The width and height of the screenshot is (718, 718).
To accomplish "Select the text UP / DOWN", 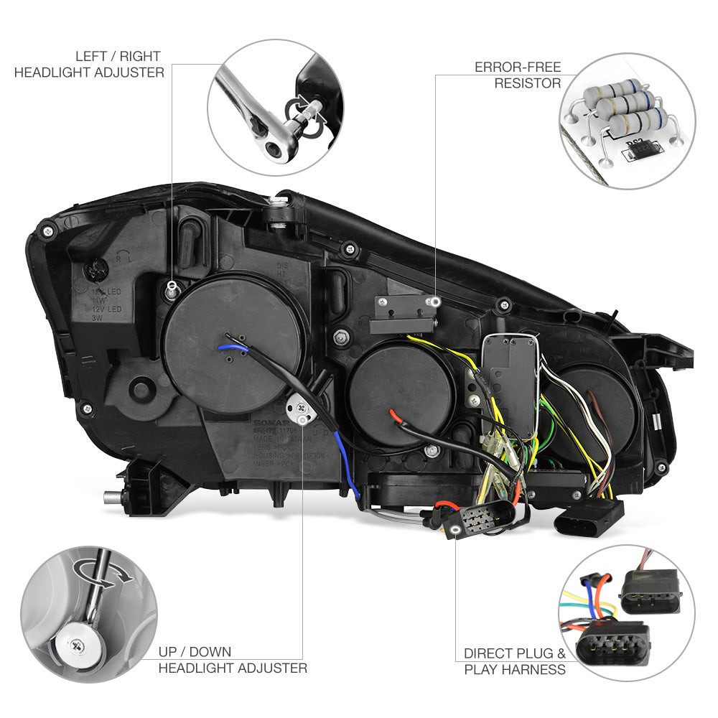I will [x=195, y=652].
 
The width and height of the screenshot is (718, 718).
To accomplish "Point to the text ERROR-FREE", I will [x=517, y=67].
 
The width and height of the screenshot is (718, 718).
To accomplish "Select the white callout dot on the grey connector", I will [x=455, y=530].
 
